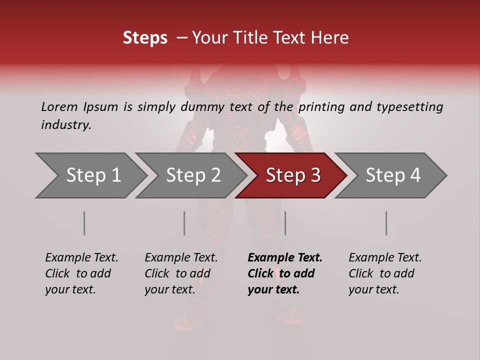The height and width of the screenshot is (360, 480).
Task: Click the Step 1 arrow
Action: [92, 175]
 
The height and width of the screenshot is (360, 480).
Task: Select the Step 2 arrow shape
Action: [192, 175]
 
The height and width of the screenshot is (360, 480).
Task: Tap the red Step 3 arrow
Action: [292, 175]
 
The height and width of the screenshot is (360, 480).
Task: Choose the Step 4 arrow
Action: [392, 175]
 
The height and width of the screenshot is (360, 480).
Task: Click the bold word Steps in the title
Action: [145, 38]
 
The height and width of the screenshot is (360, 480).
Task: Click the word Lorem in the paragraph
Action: [59, 107]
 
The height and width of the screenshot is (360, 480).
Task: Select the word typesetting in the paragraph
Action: [410, 107]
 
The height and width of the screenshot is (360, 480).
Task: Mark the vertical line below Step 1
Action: [84, 223]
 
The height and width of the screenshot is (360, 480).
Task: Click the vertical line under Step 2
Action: [184, 223]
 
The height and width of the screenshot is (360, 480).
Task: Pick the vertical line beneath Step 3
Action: [285, 223]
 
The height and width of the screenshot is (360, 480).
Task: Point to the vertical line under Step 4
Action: [386, 223]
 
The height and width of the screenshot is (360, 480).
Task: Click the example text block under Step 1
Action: [81, 273]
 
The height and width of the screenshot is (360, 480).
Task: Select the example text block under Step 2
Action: [181, 273]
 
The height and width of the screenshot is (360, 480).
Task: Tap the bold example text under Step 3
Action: [284, 273]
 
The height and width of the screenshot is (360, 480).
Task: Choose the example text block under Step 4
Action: [384, 273]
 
